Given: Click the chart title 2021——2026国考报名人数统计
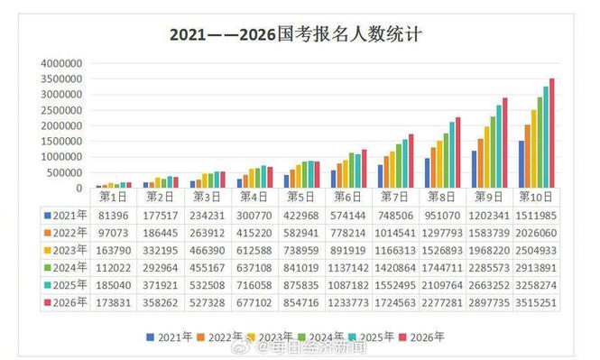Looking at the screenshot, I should pos(298,35).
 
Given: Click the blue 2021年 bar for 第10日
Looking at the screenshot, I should pos(522,164).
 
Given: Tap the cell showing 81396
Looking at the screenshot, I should pos(112,216).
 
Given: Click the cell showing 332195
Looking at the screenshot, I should pos(159,250).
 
